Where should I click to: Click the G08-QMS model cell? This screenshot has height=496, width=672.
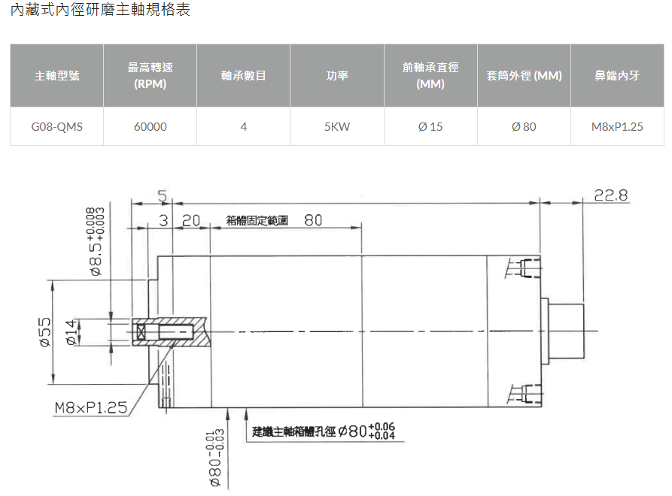(x=56, y=127)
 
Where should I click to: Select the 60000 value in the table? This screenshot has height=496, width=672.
(x=150, y=127)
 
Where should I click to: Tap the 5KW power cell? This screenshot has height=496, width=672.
(x=337, y=127)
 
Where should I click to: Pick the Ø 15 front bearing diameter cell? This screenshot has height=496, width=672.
(x=430, y=127)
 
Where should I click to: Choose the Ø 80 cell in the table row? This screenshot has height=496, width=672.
(x=524, y=127)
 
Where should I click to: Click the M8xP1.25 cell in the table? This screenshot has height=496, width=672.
(x=617, y=127)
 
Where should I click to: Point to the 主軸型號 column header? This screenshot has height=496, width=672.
(x=56, y=76)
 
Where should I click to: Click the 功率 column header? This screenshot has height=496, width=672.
(x=337, y=76)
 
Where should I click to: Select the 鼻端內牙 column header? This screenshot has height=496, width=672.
(x=617, y=76)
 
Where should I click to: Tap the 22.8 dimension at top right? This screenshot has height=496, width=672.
(x=611, y=195)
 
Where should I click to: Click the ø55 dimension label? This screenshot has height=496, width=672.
(x=45, y=332)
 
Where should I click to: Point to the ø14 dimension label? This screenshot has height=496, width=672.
(x=71, y=332)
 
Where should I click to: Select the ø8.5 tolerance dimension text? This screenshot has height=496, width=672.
(x=95, y=242)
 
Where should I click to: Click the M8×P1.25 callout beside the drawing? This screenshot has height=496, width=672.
(x=91, y=407)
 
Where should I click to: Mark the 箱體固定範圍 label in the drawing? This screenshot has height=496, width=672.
(x=257, y=220)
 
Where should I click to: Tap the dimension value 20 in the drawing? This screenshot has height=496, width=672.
(x=191, y=220)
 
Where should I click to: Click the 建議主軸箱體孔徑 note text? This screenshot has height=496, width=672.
(x=294, y=431)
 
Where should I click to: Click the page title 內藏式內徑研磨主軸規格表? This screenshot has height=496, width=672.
(x=100, y=9)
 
